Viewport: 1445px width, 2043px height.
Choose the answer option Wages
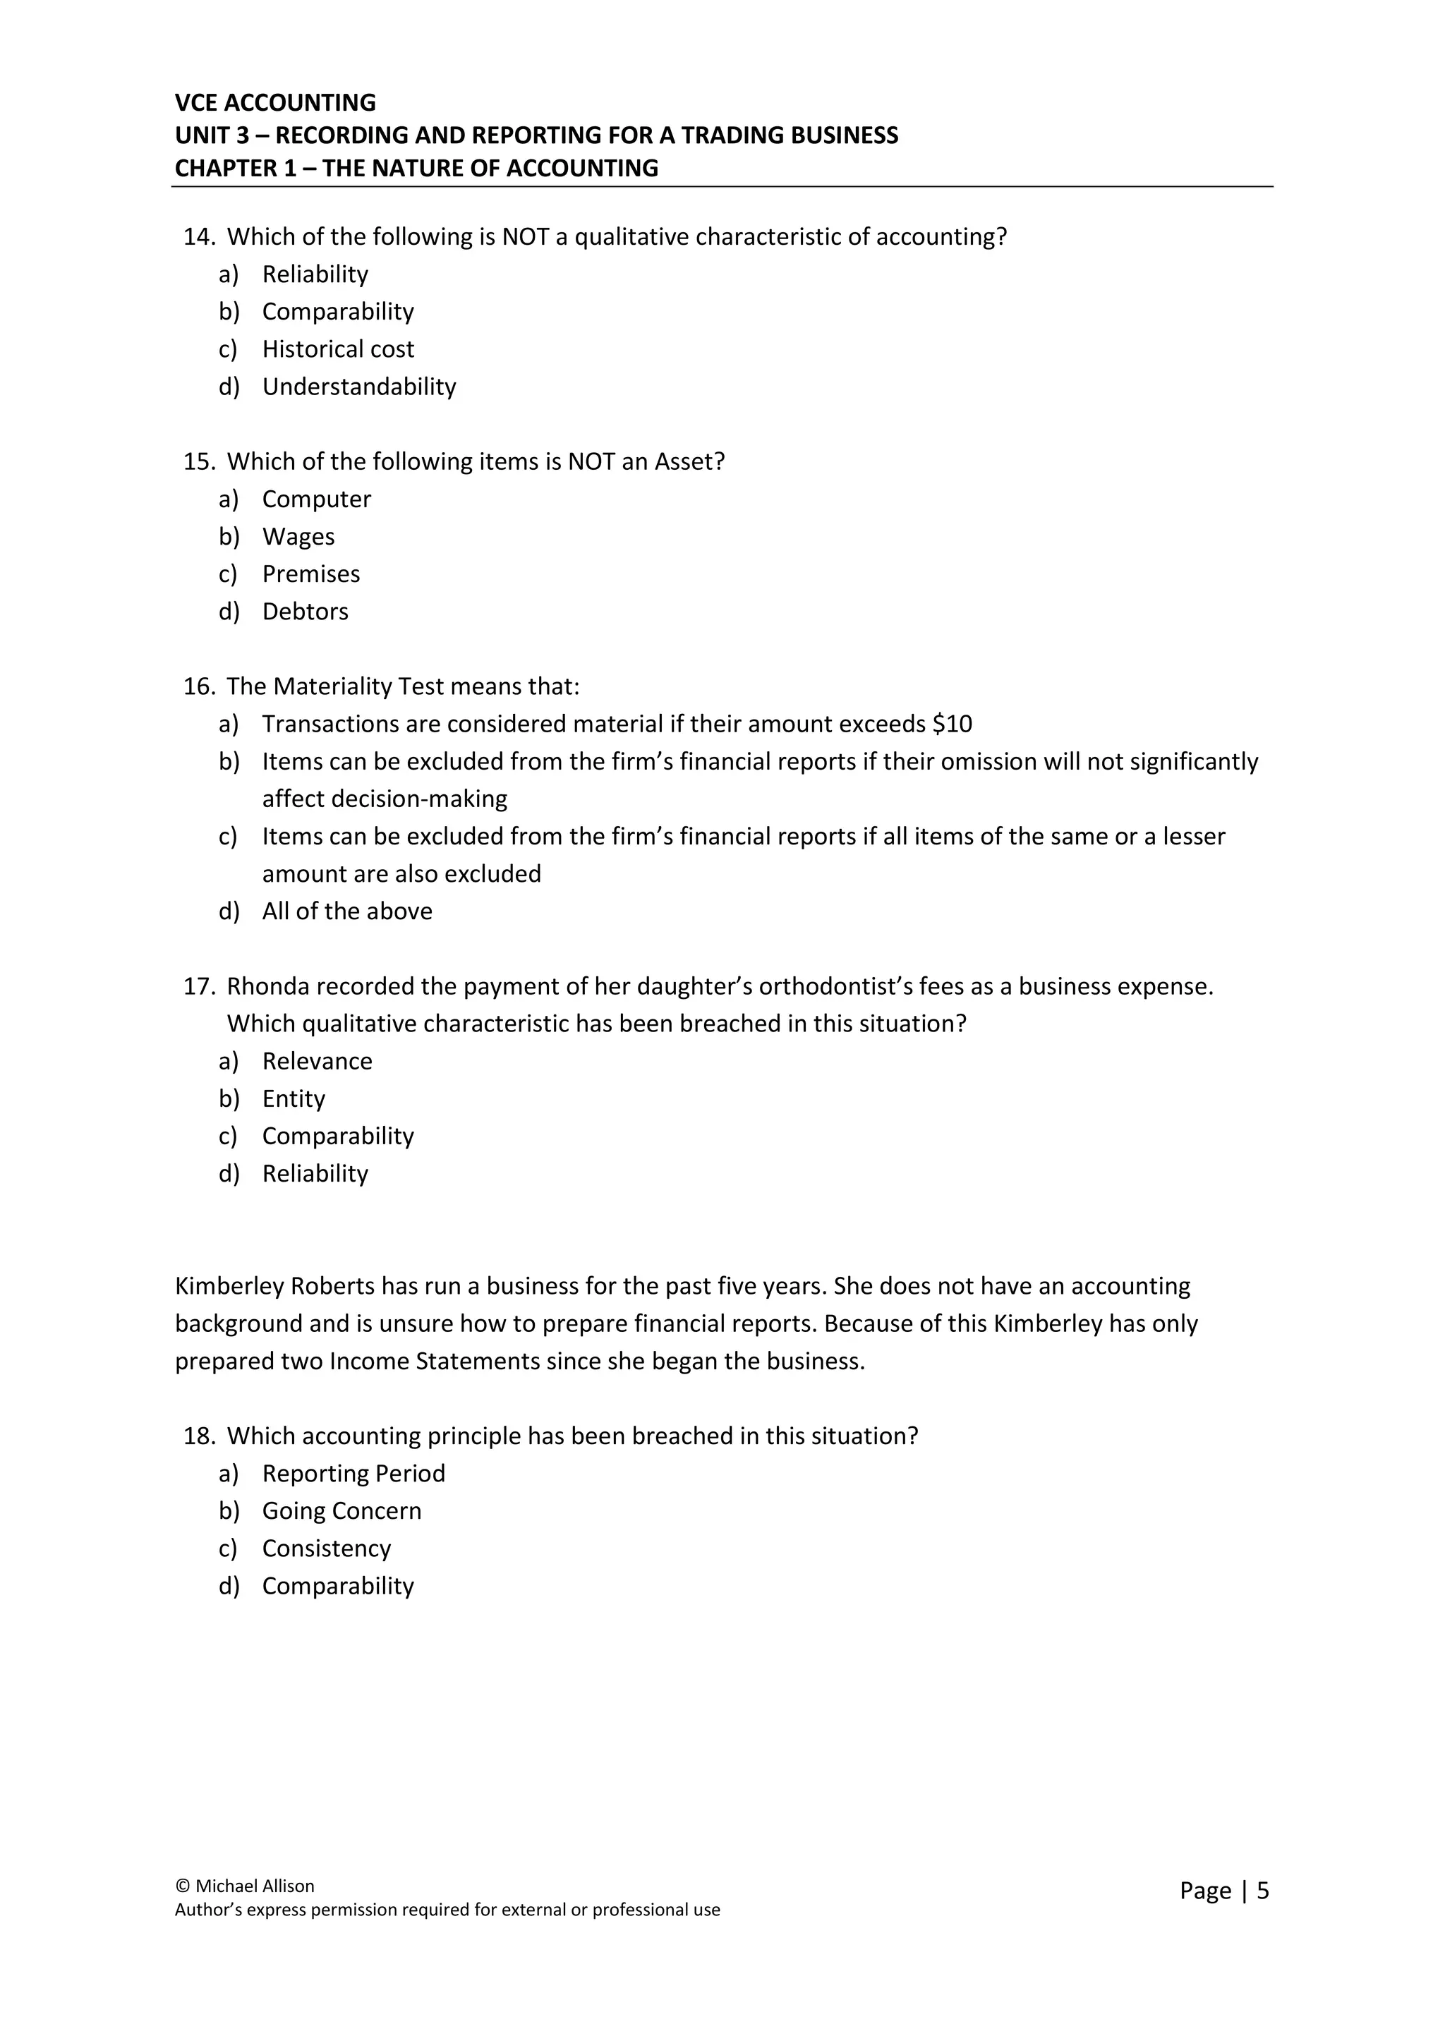pos(298,537)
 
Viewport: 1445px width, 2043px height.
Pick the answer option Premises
pos(310,574)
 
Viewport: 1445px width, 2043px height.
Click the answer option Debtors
pos(306,612)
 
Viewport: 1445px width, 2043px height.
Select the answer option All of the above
pos(347,911)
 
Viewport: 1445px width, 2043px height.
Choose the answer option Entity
pos(294,1099)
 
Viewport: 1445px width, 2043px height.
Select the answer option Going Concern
pos(341,1511)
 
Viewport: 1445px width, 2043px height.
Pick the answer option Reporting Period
pos(353,1474)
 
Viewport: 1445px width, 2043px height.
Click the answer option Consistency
pos(327,1548)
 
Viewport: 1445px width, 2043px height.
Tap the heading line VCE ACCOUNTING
pos(275,102)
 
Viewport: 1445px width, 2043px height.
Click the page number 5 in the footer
pos(1262,1891)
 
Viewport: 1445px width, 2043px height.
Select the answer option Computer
pos(316,499)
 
